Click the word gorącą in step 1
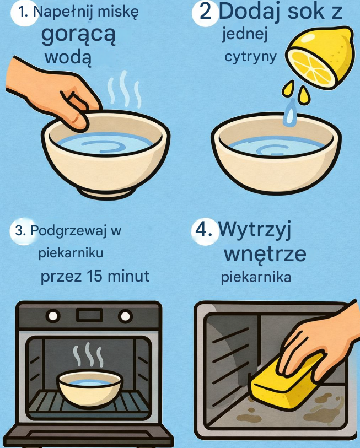79,35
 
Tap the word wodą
68,58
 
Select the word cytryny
250,57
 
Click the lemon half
320,57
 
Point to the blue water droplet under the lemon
290,113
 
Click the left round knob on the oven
53,316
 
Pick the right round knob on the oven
125,316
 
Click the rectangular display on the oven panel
89,315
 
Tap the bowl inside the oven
90,388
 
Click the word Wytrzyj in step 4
255,230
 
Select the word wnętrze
265,254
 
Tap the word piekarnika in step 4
256,277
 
